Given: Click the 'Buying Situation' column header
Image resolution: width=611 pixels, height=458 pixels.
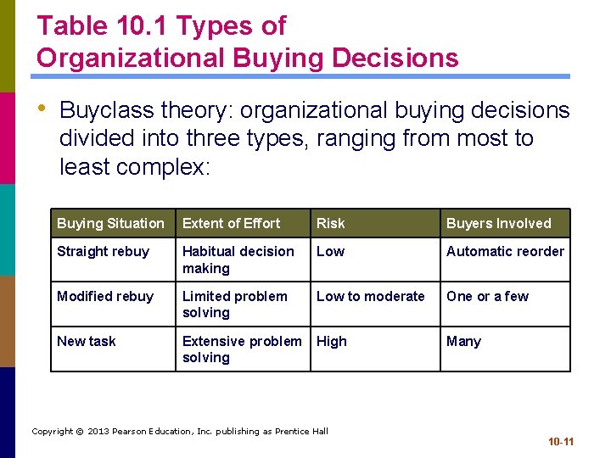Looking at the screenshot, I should pyautogui.click(x=110, y=223).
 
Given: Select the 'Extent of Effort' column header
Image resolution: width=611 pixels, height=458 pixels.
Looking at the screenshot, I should pyautogui.click(x=231, y=223).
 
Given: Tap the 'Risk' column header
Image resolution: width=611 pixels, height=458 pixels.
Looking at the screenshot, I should pyautogui.click(x=331, y=223).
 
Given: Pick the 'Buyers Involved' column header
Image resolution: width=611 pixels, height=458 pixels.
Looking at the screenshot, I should pyautogui.click(x=499, y=223).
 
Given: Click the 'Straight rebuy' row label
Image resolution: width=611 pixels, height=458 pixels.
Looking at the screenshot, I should pyautogui.click(x=103, y=251).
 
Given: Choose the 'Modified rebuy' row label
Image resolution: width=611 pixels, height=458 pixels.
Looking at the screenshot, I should pyautogui.click(x=105, y=296).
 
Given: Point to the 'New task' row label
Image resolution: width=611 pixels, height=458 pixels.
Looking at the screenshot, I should pyautogui.click(x=87, y=341).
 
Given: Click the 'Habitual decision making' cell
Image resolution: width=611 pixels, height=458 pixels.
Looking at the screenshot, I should pyautogui.click(x=238, y=260).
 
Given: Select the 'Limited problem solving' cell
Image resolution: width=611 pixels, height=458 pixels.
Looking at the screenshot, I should pyautogui.click(x=234, y=304).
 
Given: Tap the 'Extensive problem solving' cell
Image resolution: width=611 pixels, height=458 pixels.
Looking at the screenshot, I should pyautogui.click(x=242, y=349).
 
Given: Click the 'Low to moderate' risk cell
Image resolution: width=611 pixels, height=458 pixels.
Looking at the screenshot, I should pyautogui.click(x=370, y=296).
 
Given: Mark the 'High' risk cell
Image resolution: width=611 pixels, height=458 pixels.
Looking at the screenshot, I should pyautogui.click(x=332, y=341).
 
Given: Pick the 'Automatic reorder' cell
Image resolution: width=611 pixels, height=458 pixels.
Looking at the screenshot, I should pyautogui.click(x=505, y=251).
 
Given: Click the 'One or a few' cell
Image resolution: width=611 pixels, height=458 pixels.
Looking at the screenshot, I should pyautogui.click(x=487, y=296).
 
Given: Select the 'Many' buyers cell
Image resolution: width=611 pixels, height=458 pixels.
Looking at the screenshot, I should pyautogui.click(x=463, y=341).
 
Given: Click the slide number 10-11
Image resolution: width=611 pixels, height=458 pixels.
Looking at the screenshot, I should pyautogui.click(x=560, y=442).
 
